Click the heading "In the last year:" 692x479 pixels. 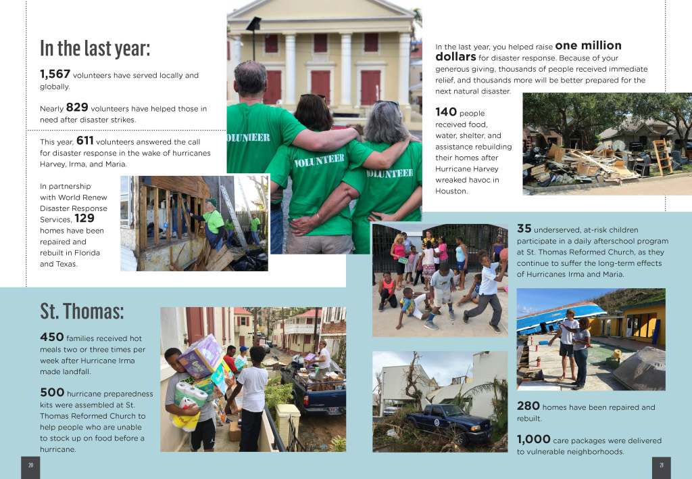[95, 49]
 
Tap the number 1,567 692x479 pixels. [55, 74]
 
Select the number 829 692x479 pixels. [77, 108]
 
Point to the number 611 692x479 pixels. [85, 141]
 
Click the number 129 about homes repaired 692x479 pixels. [84, 219]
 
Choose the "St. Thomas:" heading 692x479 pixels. [82, 311]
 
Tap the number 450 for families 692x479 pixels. [52, 337]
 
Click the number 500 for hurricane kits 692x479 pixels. [52, 392]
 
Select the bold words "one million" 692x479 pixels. [588, 46]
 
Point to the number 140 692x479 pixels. [446, 112]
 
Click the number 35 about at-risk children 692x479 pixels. [524, 229]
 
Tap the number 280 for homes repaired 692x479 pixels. [528, 407]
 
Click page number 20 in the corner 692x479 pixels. [30, 465]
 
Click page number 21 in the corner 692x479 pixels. [661, 465]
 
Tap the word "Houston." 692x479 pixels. [451, 191]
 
